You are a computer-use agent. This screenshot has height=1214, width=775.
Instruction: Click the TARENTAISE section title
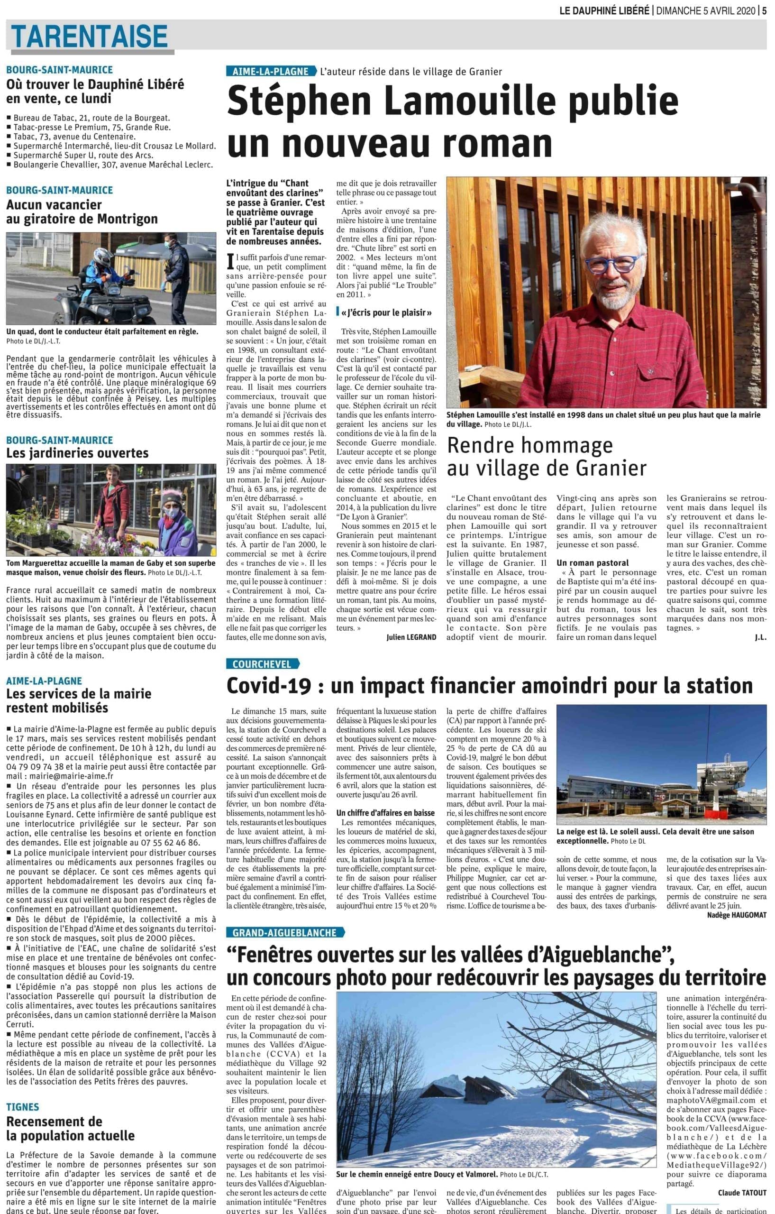click(x=89, y=37)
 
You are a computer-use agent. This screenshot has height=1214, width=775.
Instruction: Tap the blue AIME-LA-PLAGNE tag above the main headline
click(x=271, y=72)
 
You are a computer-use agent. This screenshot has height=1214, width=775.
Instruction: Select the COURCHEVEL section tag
click(x=262, y=664)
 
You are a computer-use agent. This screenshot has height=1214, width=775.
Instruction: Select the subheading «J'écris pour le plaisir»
click(x=386, y=313)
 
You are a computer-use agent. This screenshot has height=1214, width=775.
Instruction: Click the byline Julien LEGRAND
click(x=411, y=637)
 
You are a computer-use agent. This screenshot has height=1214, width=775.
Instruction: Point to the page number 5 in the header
click(x=764, y=10)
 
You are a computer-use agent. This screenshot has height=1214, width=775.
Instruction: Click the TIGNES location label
click(x=23, y=1107)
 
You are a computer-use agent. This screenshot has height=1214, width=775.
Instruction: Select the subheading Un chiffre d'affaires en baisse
click(x=385, y=813)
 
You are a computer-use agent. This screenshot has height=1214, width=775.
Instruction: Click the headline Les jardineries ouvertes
click(x=77, y=453)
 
